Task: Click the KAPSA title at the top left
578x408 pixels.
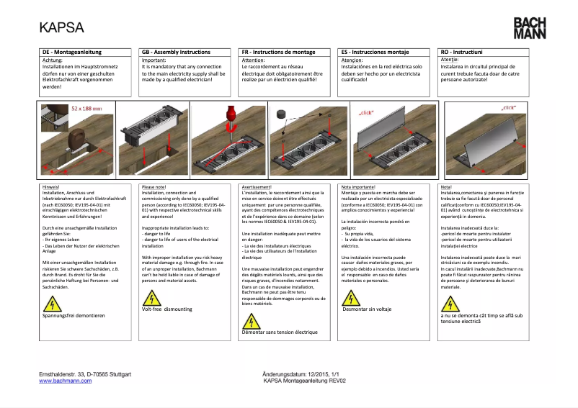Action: click(x=61, y=28)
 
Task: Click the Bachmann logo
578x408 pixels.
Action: click(x=529, y=28)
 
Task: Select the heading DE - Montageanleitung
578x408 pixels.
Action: click(x=72, y=53)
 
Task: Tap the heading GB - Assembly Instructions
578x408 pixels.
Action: click(x=176, y=53)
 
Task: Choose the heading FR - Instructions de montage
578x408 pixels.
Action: click(x=279, y=53)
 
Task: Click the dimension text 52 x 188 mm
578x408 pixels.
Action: click(x=86, y=108)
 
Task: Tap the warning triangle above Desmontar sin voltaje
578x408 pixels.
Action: click(x=349, y=298)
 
